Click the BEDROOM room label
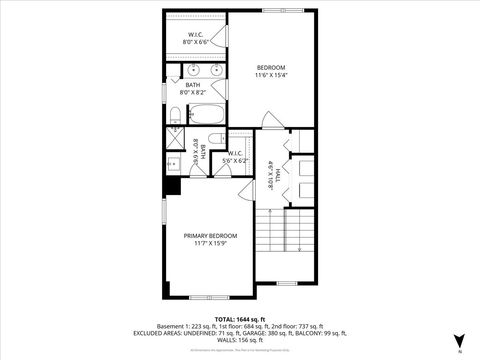tap(270, 67)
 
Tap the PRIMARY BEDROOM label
tap(210, 235)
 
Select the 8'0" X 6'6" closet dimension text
tap(196, 44)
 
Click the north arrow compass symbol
tap(459, 341)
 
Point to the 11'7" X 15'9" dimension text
tap(210, 243)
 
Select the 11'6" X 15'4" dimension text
tap(270, 75)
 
